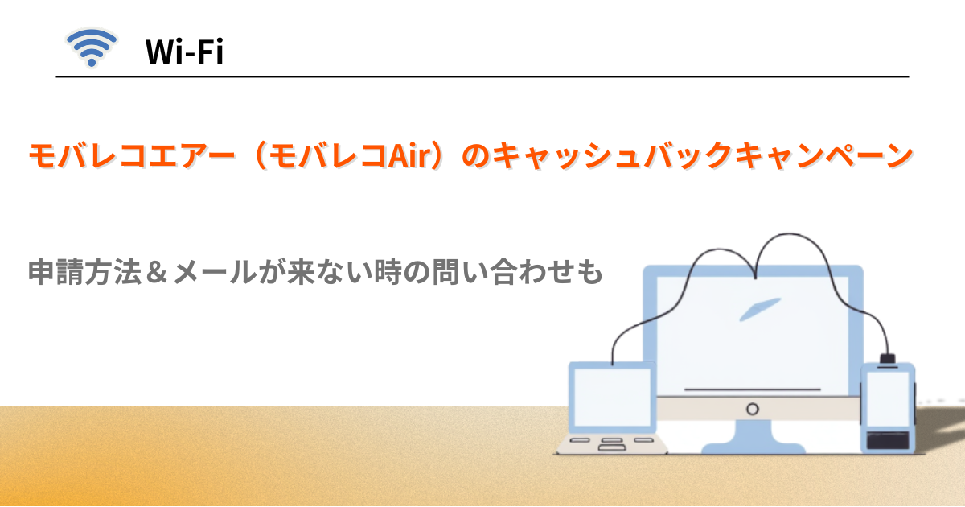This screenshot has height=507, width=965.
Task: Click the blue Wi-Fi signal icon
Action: point(91,48)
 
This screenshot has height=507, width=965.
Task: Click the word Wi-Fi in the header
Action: point(184,53)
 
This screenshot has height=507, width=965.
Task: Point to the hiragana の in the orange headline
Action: point(470,155)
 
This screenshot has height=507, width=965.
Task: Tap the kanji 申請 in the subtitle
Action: point(55,273)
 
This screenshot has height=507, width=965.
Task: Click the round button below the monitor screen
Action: point(752,409)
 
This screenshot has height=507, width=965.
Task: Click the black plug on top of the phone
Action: point(887,358)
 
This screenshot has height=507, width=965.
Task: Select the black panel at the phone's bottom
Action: point(888,439)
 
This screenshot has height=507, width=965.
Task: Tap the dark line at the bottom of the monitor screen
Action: point(752,390)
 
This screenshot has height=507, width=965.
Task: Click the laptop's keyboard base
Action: point(612,443)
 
